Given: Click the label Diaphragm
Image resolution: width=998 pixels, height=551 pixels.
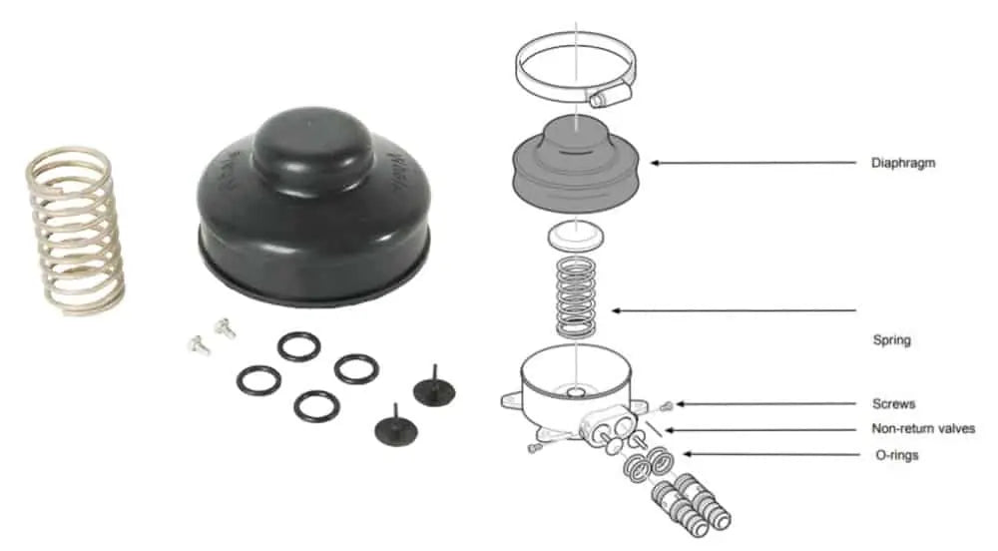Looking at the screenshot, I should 902,163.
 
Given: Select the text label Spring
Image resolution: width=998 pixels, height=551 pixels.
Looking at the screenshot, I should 890,340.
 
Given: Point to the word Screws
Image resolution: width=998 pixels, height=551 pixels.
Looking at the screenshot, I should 892,404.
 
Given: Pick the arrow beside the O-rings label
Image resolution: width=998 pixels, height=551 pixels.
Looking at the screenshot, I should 768,455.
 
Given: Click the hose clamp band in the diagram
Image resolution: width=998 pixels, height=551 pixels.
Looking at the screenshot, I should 534,65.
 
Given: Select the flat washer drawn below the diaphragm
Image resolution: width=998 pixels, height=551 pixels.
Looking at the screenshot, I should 577,237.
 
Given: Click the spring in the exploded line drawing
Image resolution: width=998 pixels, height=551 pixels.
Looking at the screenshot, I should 577,297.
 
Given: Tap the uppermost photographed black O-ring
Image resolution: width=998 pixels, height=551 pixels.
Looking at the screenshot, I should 298,346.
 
